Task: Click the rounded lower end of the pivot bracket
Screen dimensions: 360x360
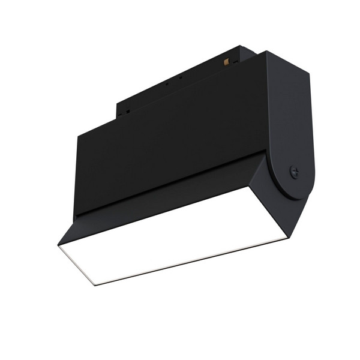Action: (x=297, y=189)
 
